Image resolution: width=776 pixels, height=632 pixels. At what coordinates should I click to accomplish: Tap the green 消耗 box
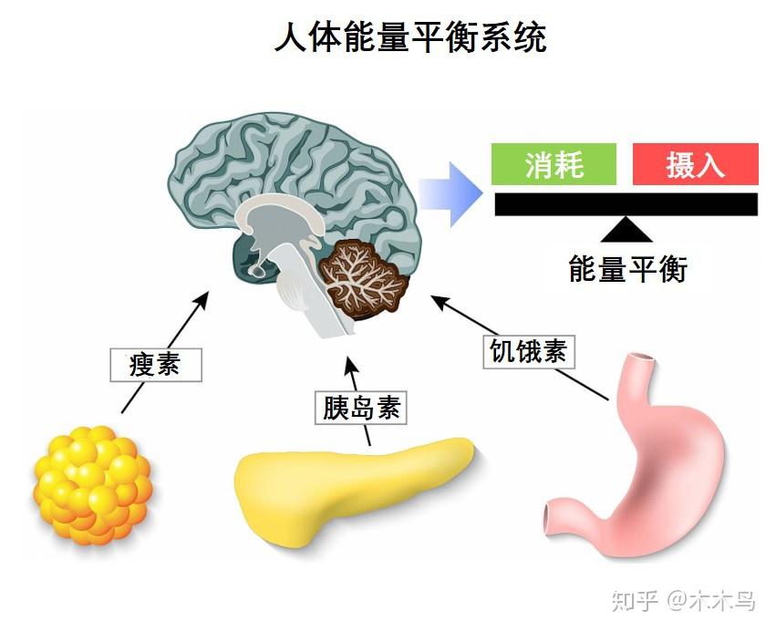point(554,165)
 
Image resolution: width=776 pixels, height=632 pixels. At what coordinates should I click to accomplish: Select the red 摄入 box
point(695,165)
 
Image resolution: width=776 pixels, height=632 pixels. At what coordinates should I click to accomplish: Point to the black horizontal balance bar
point(626,203)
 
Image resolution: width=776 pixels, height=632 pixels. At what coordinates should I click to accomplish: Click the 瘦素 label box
point(154,364)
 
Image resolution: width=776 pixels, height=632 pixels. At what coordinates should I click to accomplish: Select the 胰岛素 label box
point(361,407)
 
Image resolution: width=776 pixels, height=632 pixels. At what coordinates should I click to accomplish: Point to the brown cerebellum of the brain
point(366,278)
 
